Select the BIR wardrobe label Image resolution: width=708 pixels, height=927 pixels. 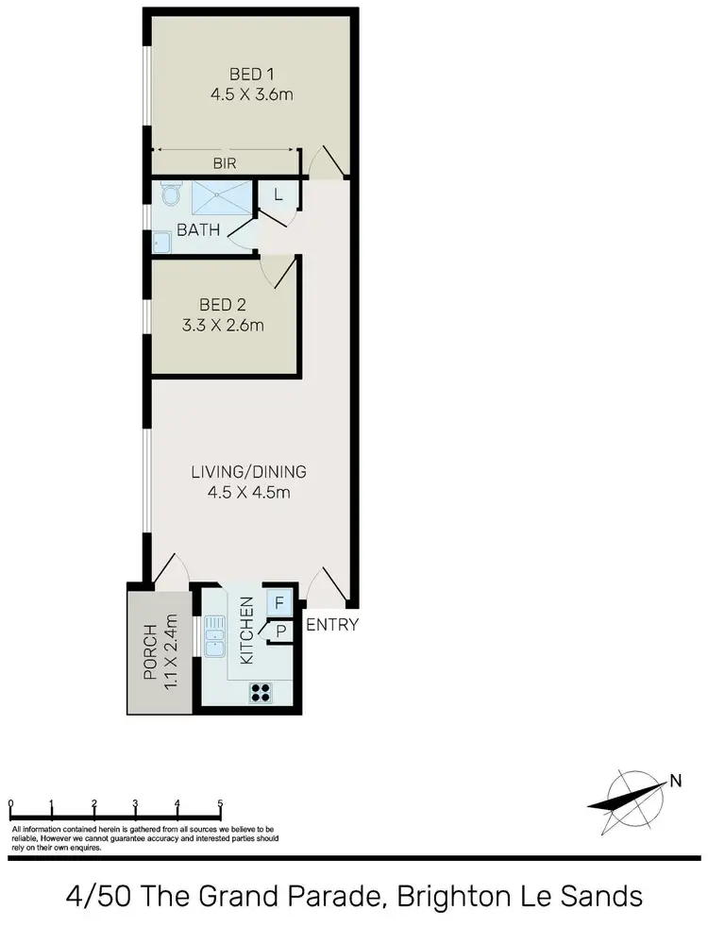coord(224,163)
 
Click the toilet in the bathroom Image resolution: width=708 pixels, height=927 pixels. coord(170,195)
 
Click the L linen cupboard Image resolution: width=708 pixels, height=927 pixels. coord(278,195)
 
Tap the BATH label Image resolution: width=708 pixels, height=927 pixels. coord(198,229)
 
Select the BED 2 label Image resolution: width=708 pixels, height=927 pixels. coord(223,305)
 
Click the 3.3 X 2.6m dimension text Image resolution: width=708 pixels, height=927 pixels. coord(223,326)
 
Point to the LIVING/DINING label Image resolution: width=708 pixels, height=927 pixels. coord(248,472)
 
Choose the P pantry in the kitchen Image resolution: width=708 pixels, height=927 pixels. coord(281,632)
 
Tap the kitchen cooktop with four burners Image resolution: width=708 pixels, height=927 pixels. coord(261,693)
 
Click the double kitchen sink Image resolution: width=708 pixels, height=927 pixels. coord(212,635)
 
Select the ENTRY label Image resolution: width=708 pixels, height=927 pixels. coord(332,624)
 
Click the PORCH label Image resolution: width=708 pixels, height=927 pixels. coord(148,649)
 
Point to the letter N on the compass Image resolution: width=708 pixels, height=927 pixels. coord(675,780)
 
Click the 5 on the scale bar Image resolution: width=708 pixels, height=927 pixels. coord(220,804)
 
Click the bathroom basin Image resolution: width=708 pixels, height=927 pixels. coord(161,244)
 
